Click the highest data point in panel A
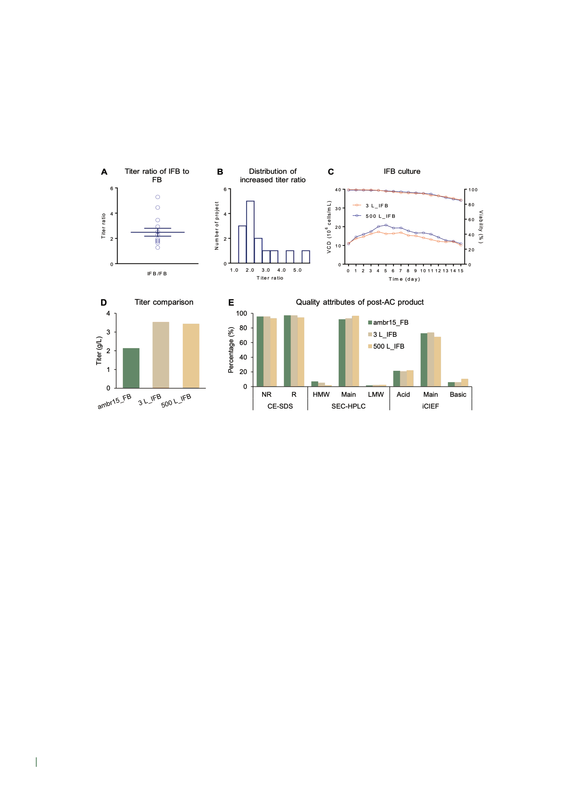(158, 197)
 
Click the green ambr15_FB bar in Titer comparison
(131, 368)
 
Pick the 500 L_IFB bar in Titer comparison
(191, 356)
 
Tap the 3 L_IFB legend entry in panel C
(371, 206)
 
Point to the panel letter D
(104, 303)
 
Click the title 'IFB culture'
(402, 171)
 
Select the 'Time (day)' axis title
(404, 279)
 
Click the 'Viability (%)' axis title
(481, 227)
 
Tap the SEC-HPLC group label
(348, 406)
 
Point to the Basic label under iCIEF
(458, 395)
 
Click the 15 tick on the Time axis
(460, 271)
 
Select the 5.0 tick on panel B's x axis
(297, 270)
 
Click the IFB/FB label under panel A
(157, 274)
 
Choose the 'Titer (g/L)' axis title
(99, 350)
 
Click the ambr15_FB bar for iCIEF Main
(424, 360)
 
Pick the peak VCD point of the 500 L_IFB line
(386, 225)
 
